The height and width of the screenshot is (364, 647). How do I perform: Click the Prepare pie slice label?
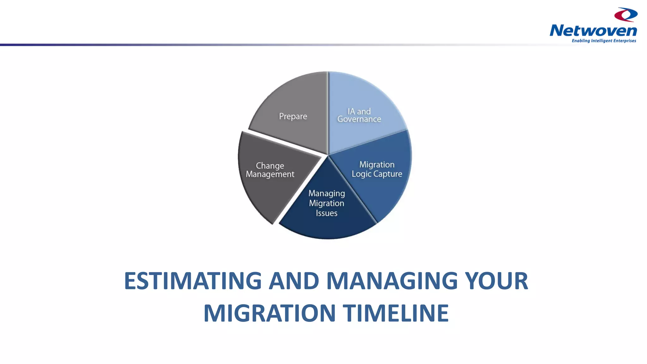click(293, 117)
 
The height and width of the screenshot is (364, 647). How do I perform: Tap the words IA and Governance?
click(359, 115)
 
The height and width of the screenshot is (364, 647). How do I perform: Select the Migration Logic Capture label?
click(377, 169)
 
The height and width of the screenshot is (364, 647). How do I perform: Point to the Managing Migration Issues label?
click(327, 203)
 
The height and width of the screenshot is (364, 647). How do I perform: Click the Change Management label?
click(270, 170)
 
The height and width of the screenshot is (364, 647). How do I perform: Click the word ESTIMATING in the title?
click(193, 281)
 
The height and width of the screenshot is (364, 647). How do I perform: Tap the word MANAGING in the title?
click(392, 281)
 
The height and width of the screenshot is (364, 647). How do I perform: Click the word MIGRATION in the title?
click(269, 313)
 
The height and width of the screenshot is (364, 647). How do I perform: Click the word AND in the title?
click(294, 281)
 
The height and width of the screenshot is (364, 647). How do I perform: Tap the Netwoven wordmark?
click(593, 31)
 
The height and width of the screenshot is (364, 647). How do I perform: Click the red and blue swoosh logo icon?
click(626, 15)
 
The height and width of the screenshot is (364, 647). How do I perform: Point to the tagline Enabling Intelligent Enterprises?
click(604, 41)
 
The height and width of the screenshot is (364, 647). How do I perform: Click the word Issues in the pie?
click(327, 213)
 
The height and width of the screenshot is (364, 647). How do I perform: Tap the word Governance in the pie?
click(359, 119)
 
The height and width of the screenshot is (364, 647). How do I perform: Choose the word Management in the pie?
click(270, 174)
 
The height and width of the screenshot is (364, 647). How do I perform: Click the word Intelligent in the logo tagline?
click(602, 41)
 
